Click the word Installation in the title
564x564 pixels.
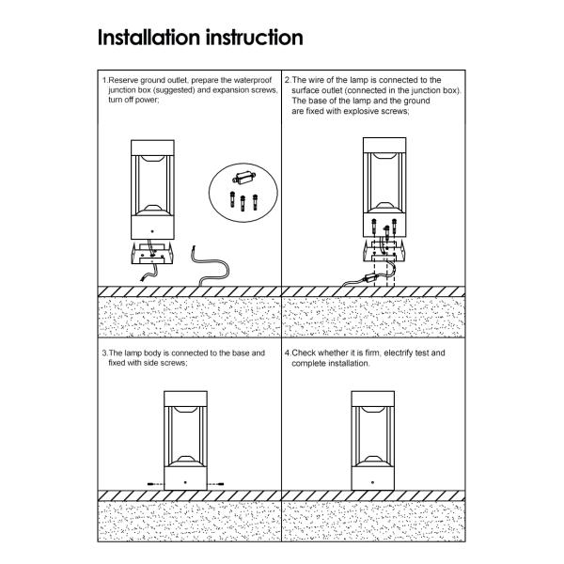click(x=149, y=38)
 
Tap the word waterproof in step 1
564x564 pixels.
click(x=252, y=80)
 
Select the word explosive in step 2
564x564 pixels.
click(x=360, y=111)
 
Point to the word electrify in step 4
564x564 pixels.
click(x=398, y=352)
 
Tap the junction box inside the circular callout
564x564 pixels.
click(x=244, y=178)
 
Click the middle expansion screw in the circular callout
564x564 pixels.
click(x=243, y=203)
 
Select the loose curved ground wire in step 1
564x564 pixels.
click(x=210, y=266)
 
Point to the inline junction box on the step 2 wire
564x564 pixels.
click(x=371, y=277)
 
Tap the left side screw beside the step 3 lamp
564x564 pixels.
click(x=155, y=484)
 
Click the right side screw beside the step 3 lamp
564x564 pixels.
click(x=216, y=484)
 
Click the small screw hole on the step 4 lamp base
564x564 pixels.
click(x=372, y=483)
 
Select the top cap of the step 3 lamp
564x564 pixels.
click(x=185, y=399)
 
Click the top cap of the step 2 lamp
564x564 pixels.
click(x=384, y=145)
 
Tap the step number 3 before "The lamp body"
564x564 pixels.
click(x=104, y=353)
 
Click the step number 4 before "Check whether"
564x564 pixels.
click(x=288, y=352)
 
